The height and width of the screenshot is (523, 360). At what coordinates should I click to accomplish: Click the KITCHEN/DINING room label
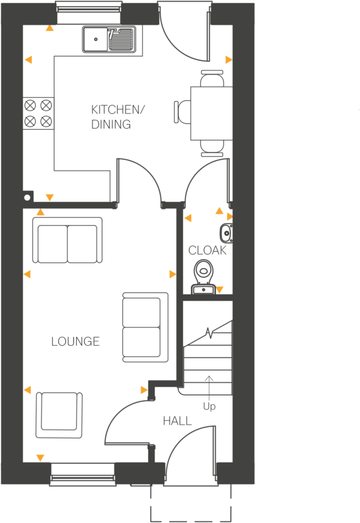[x=117, y=117]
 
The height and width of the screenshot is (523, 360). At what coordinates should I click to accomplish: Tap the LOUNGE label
[x=76, y=342]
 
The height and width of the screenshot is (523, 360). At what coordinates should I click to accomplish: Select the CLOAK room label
[x=207, y=250]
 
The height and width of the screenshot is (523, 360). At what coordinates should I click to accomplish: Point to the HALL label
[x=177, y=421]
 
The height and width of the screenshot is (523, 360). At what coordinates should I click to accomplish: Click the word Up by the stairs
[x=209, y=406]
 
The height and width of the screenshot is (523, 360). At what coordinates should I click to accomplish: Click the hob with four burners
[x=38, y=113]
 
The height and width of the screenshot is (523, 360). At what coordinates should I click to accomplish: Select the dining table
[x=211, y=113]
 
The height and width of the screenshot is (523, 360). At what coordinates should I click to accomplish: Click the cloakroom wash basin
[x=227, y=233]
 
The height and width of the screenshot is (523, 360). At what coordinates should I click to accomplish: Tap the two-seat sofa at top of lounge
[x=67, y=241]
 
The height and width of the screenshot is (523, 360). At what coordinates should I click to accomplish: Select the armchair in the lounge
[x=59, y=414]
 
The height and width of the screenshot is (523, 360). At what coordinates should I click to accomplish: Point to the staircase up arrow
[x=209, y=386]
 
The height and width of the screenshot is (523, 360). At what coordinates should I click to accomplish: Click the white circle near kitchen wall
[x=27, y=198]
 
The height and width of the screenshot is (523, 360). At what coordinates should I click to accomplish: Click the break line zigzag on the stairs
[x=209, y=333]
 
